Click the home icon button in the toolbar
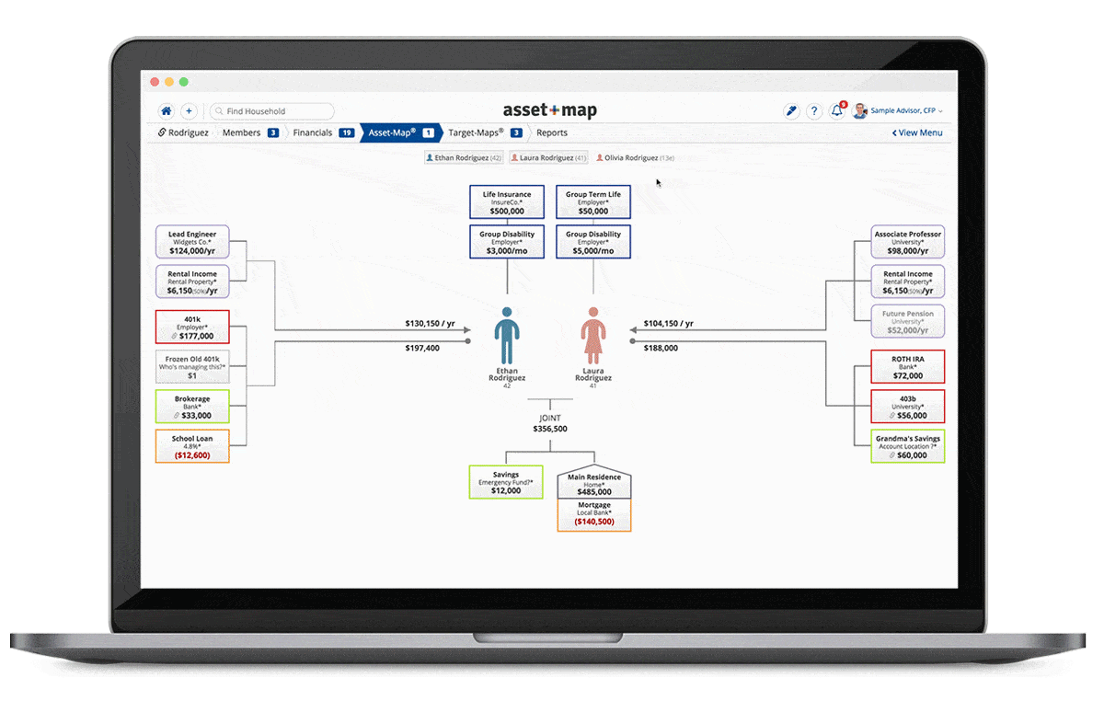click(x=167, y=111)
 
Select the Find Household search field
click(x=272, y=111)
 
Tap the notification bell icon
click(x=837, y=111)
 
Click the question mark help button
click(x=814, y=111)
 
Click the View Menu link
click(x=917, y=132)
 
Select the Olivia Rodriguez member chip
click(x=636, y=158)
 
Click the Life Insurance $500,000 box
click(x=507, y=202)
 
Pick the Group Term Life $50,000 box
click(x=593, y=202)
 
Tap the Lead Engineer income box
click(x=192, y=243)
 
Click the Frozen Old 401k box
click(x=192, y=366)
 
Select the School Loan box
click(x=192, y=446)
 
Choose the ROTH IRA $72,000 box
click(x=907, y=367)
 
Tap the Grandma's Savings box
click(x=907, y=446)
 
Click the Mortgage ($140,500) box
click(x=594, y=515)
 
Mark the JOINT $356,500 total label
click(x=550, y=423)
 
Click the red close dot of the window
click(x=155, y=82)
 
